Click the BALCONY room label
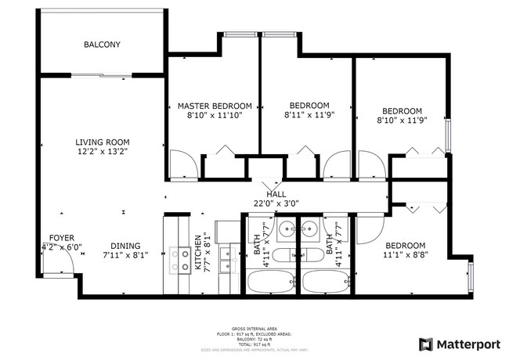[x=102, y=45]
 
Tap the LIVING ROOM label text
[x=102, y=142]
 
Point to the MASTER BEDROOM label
[x=215, y=106]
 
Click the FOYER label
[x=62, y=237]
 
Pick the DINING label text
[x=125, y=245]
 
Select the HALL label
[x=276, y=194]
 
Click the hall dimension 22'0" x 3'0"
[x=276, y=203]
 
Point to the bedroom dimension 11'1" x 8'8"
[x=405, y=254]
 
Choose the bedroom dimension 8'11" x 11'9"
[x=309, y=116]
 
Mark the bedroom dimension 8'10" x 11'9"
[x=401, y=121]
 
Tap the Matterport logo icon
[x=426, y=344]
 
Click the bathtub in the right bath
[x=327, y=282]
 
